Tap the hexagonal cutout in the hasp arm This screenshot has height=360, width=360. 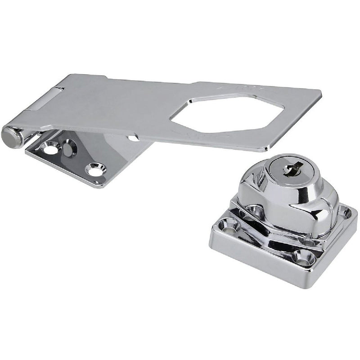[227, 114]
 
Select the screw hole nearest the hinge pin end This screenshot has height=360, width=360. [51, 147]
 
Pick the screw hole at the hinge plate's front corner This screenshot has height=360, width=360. [96, 170]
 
